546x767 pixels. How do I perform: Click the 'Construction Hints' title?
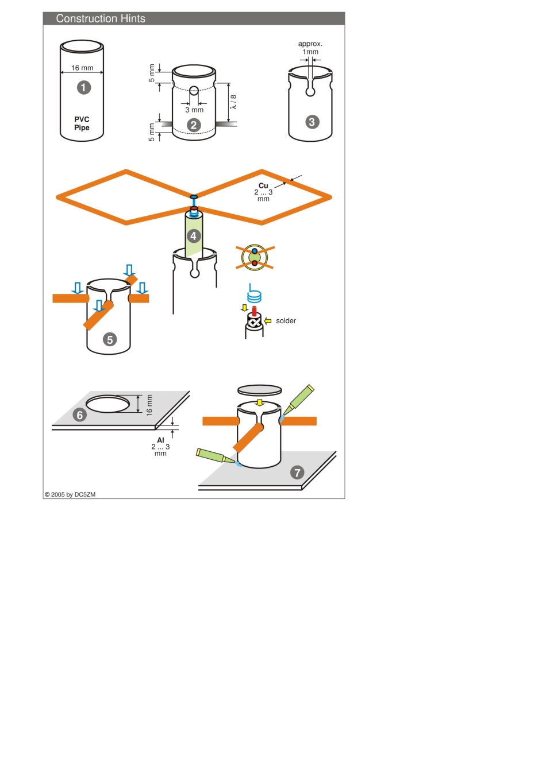(101, 18)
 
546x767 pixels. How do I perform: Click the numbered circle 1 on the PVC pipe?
(84, 87)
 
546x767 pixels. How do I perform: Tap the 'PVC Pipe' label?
(82, 123)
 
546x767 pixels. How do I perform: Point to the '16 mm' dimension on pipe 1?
(82, 68)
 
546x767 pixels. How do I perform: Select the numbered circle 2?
(194, 125)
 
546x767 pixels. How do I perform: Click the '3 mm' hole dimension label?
(194, 110)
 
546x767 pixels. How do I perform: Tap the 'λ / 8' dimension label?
(233, 102)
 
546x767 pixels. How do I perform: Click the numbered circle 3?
(312, 122)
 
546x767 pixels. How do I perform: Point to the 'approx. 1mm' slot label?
(310, 48)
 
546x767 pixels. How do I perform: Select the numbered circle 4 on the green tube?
(193, 236)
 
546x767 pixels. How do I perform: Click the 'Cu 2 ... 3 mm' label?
(263, 192)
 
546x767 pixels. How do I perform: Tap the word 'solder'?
(286, 321)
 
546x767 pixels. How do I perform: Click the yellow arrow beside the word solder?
(268, 321)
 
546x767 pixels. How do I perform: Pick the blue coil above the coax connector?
(254, 297)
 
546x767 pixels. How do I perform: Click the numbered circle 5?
(110, 339)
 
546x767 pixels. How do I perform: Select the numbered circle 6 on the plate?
(80, 415)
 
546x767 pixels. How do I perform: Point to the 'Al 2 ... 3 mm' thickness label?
(160, 447)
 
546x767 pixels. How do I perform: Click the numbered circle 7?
(297, 472)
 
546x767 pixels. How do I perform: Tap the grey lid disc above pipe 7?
(260, 390)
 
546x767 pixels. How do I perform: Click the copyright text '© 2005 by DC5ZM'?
(70, 494)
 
